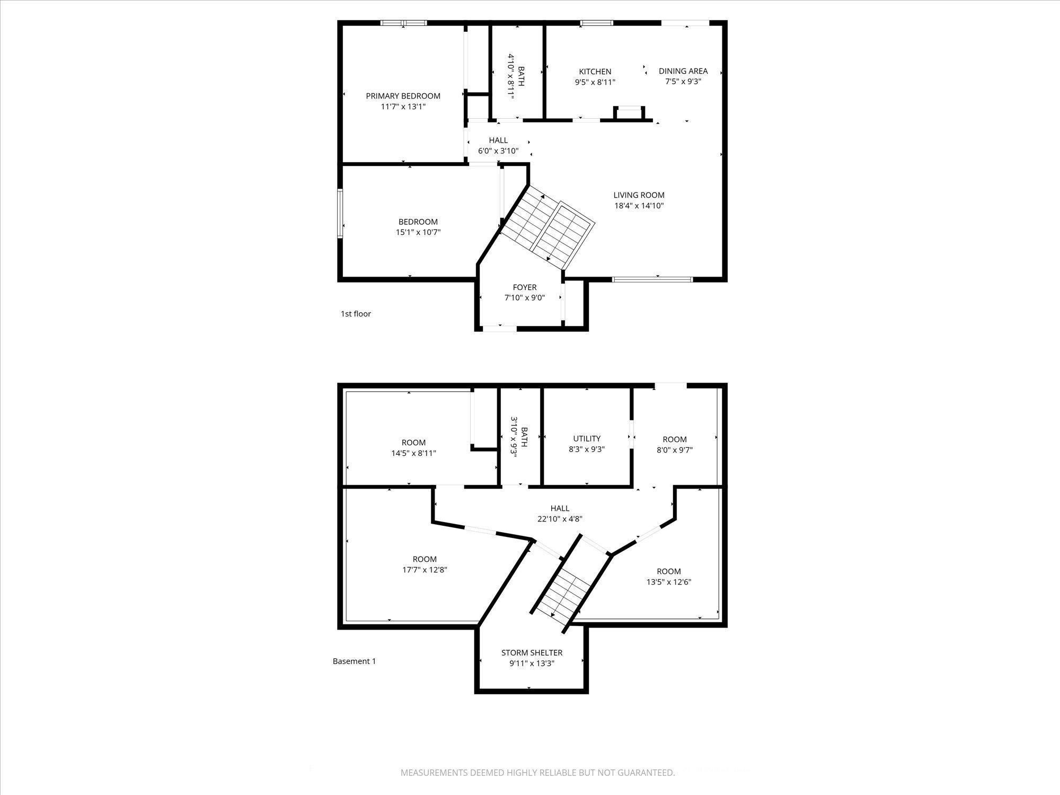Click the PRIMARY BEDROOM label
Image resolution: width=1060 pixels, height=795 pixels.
coord(403,96)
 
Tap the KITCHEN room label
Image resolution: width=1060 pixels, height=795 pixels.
coord(595,72)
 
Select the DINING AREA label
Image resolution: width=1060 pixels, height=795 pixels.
coord(683,71)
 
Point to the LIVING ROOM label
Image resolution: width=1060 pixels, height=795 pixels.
coord(639,195)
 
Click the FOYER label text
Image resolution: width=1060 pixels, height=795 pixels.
coord(524,287)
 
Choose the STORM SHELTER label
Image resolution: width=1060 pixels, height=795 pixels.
coord(532,652)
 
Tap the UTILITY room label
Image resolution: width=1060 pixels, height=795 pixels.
coord(587,438)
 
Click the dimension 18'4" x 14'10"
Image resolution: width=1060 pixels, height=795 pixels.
coord(639,206)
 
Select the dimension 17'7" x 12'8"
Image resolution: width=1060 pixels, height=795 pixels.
coord(425,570)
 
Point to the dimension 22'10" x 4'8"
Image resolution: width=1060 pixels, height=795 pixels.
coord(560,519)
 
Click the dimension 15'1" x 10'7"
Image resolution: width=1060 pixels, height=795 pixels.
coord(418,232)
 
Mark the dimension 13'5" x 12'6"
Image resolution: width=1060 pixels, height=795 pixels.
coord(668,581)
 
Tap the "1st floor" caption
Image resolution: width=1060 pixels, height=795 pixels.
coord(356,314)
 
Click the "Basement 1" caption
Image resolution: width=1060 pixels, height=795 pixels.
coord(354,661)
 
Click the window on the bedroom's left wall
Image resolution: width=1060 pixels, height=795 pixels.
coord(340,213)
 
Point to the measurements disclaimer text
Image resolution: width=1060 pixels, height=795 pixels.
coord(537,773)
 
